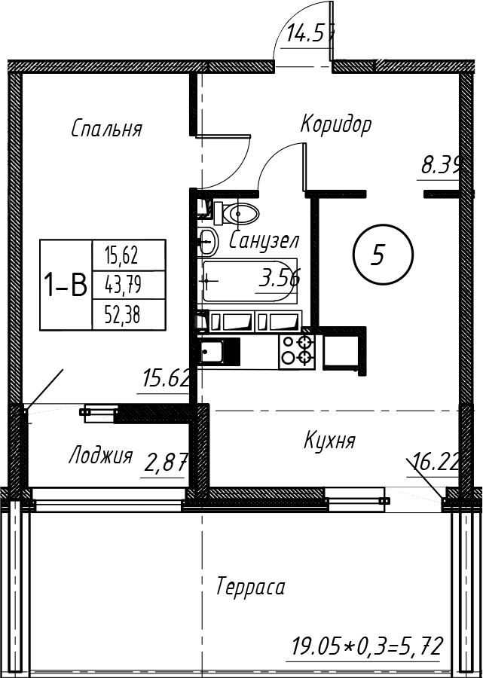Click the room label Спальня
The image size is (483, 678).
pyautogui.click(x=106, y=129)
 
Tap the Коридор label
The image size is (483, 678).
pyautogui.click(x=335, y=124)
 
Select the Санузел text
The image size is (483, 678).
pyautogui.click(x=264, y=241)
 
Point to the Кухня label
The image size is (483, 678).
pyautogui.click(x=329, y=440)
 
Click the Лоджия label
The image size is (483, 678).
pyautogui.click(x=100, y=456)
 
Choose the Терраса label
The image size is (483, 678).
pyautogui.click(x=250, y=587)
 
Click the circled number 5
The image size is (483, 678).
pyautogui.click(x=383, y=256)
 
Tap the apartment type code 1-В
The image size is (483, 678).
pyautogui.click(x=66, y=286)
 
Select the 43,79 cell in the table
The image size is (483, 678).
pyautogui.click(x=122, y=286)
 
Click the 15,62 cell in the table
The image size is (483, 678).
pyautogui.click(x=122, y=256)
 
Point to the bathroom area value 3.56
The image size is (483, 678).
pyautogui.click(x=279, y=279)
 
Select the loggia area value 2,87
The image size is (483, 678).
pyautogui.click(x=164, y=463)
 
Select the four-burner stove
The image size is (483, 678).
pyautogui.click(x=297, y=351)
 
